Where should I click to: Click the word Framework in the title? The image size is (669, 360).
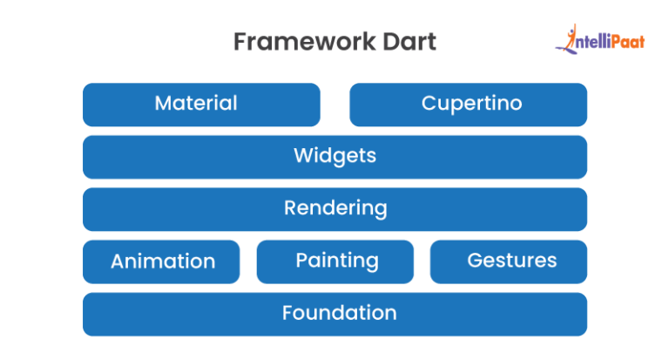[x=305, y=42]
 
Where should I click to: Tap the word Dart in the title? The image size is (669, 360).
[x=409, y=42]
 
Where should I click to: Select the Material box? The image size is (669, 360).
[x=201, y=105]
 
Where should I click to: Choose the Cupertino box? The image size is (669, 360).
[x=468, y=105]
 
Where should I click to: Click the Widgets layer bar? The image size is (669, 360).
[x=334, y=157]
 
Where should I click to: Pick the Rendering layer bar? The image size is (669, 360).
[x=334, y=209]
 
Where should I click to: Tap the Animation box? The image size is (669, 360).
[x=161, y=262]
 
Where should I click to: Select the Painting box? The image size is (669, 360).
[x=334, y=262]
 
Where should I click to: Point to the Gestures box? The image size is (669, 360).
[x=509, y=262]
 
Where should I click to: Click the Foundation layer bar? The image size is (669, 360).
[x=334, y=315]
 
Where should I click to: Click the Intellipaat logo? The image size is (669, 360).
[x=600, y=39]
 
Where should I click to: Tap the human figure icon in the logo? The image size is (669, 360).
[x=567, y=39]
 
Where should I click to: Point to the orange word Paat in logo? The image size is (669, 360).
[x=627, y=42]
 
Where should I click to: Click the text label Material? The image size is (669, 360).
[x=196, y=103]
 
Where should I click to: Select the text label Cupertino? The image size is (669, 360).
[x=472, y=104]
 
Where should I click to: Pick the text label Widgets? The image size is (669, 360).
[x=334, y=156]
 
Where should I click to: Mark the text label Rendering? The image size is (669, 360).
[x=335, y=208]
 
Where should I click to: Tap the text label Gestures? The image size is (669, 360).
[x=512, y=260]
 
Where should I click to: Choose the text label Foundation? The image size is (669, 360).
[x=340, y=313]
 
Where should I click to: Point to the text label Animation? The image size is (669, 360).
[x=163, y=261]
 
